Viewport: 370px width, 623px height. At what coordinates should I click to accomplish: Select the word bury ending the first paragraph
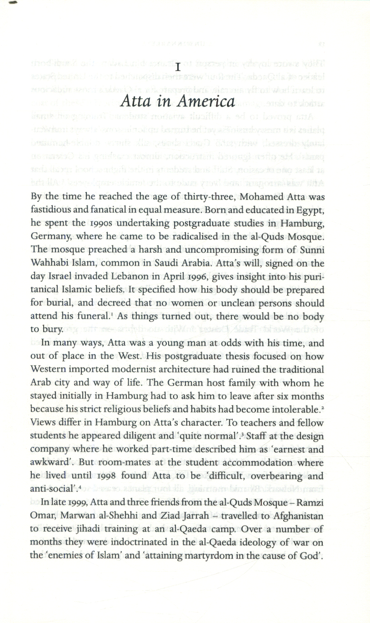[51, 329]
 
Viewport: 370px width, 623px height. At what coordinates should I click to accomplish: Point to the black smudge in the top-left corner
[12, 3]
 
